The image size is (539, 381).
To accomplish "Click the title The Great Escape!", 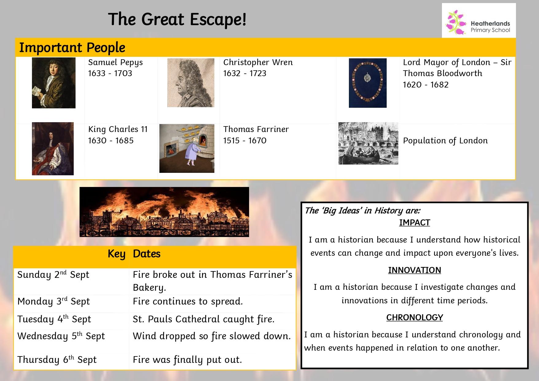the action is tap(177, 19).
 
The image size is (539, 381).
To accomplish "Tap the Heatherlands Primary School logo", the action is tap(479, 21).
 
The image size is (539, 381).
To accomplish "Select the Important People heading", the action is tap(72, 48).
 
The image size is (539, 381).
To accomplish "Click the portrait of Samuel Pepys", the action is tap(54, 83).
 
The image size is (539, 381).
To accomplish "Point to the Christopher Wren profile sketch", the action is tap(191, 83).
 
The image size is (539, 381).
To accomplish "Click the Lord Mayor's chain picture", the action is tap(368, 83).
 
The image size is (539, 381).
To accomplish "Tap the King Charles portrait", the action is tap(53, 149).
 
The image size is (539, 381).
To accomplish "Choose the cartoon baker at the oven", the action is tap(187, 148).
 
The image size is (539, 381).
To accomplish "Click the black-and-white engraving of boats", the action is tap(368, 143).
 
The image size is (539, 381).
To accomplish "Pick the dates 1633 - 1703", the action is tap(110, 73).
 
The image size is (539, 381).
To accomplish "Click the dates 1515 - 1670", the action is tap(245, 141).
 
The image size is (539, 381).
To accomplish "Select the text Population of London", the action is tap(445, 141).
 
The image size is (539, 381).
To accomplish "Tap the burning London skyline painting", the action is tap(164, 212).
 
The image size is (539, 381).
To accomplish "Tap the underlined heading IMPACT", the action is tap(415, 223).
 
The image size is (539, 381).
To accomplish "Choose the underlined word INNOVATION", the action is tap(415, 270).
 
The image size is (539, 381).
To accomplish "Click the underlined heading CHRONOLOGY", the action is tap(415, 317).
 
